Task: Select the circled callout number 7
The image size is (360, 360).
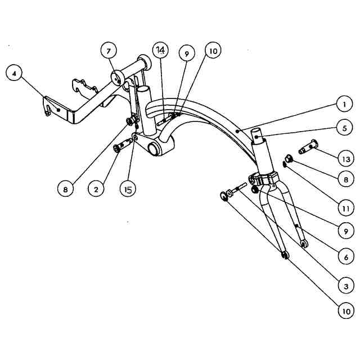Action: pyautogui.click(x=109, y=51)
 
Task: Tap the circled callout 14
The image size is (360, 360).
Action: pyautogui.click(x=160, y=51)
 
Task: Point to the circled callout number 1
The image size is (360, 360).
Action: pyautogui.click(x=341, y=104)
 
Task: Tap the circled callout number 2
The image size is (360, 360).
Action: pyautogui.click(x=96, y=189)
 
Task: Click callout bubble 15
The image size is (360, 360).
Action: pyautogui.click(x=128, y=190)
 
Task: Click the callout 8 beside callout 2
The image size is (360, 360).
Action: pyautogui.click(x=65, y=189)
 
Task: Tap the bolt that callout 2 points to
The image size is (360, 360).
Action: pyautogui.click(x=120, y=147)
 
